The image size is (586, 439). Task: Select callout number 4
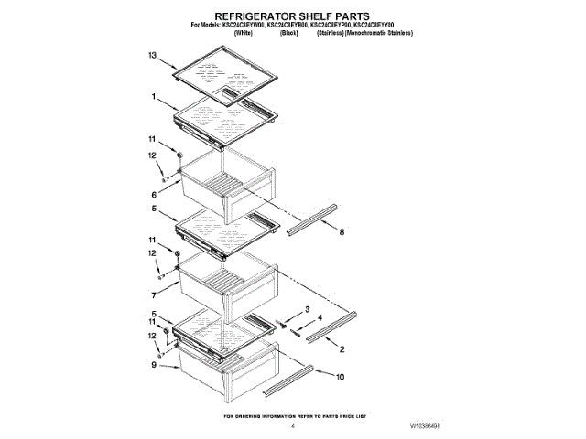[320, 318]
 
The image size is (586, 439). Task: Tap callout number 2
[342, 349]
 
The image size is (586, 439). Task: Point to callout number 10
[340, 376]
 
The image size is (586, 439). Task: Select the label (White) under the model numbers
[244, 33]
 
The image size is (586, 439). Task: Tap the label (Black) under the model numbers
[288, 33]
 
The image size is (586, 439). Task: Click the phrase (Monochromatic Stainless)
[376, 33]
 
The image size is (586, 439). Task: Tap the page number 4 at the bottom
[292, 425]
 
